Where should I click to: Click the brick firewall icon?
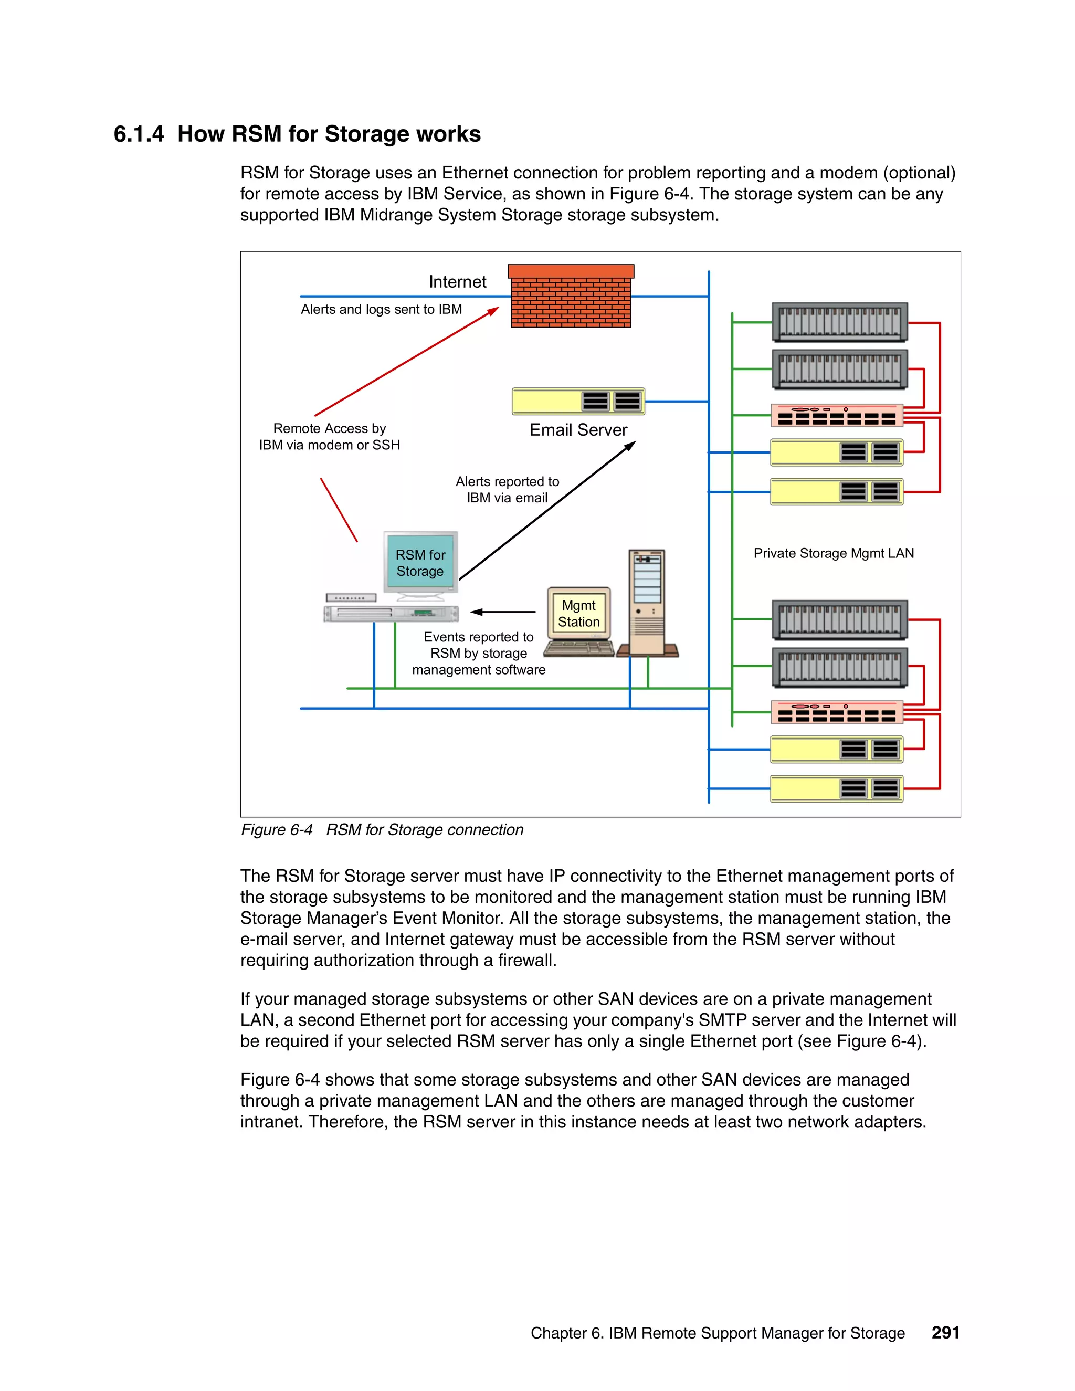coord(571,298)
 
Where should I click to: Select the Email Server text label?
coord(578,430)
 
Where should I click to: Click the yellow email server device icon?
coord(578,401)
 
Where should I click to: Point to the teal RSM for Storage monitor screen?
coord(420,562)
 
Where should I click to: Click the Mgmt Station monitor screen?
coord(578,613)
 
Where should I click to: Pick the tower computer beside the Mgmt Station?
coord(647,602)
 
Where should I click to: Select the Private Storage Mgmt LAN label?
coord(833,553)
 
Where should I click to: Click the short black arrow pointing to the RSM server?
coord(503,612)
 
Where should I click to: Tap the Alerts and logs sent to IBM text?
coord(382,310)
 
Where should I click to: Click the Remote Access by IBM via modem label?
coord(329,436)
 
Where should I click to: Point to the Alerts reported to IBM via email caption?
coord(507,489)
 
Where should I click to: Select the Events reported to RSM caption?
coord(478,653)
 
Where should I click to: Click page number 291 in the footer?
coord(945,1332)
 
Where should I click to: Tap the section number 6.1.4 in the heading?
coord(138,134)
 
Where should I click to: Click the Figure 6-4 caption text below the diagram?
coord(382,830)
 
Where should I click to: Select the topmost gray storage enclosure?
coord(839,322)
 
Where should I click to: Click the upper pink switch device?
coord(837,415)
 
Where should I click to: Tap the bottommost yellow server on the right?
coord(837,788)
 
